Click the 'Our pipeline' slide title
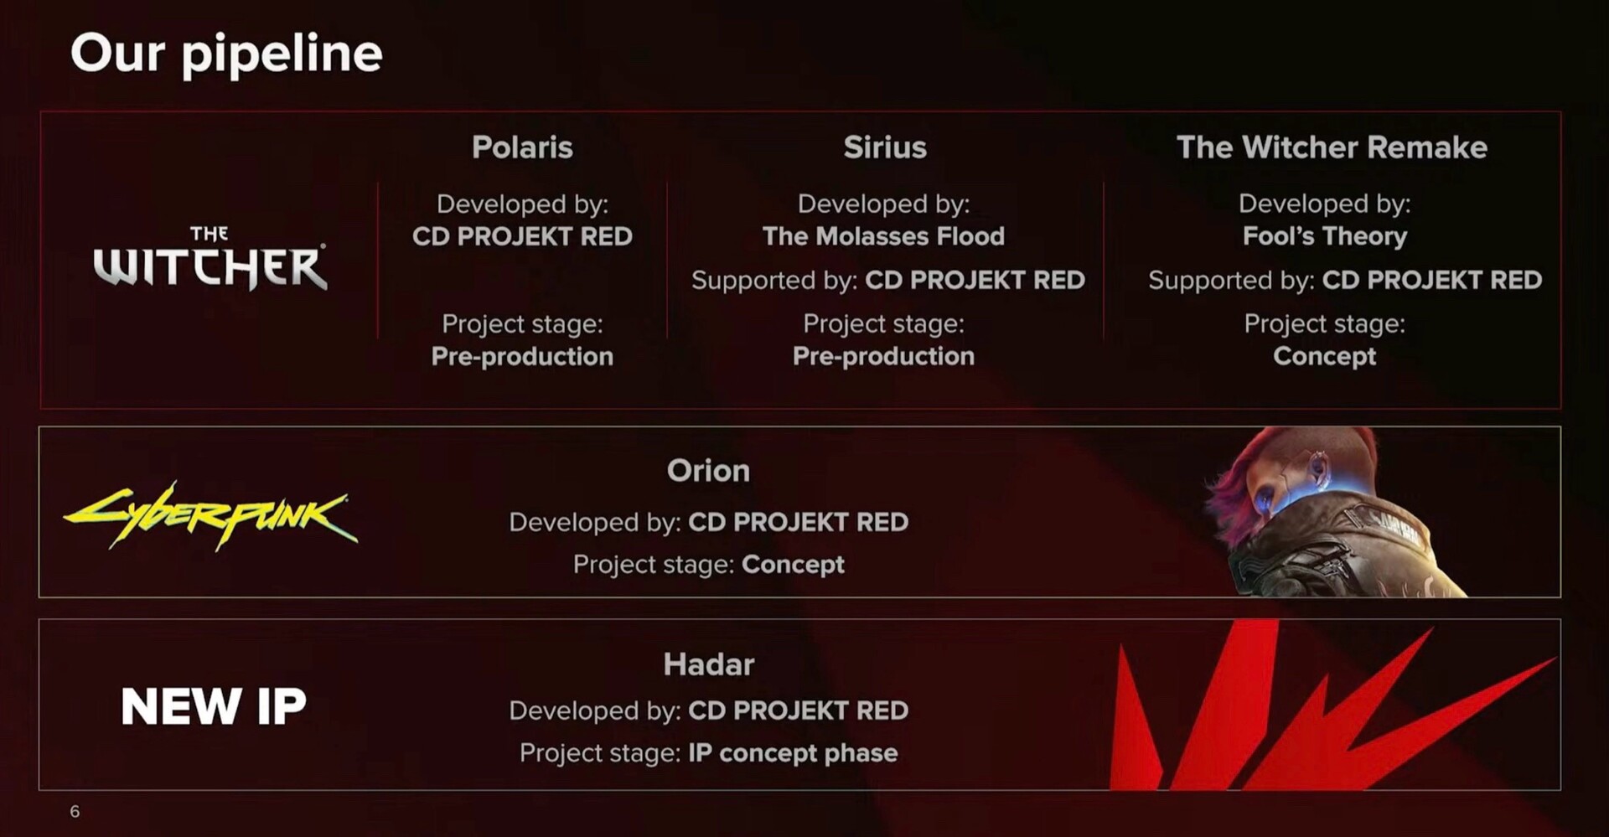[x=226, y=54]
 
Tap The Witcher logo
[x=210, y=258]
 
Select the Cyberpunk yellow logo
[x=210, y=514]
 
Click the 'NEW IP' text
[x=214, y=706]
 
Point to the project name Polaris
[x=522, y=147]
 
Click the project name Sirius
[x=885, y=147]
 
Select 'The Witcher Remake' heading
[x=1332, y=147]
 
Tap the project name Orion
[x=708, y=471]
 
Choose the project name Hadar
[x=709, y=664]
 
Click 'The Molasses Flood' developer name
[x=883, y=236]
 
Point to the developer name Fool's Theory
[x=1325, y=236]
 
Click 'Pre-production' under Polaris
[x=522, y=356]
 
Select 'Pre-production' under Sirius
[x=883, y=356]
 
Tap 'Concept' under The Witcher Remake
[x=1325, y=356]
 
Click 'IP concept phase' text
[x=793, y=752]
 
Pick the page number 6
[x=75, y=811]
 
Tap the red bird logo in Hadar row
[x=1332, y=705]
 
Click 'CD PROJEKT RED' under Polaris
[x=522, y=236]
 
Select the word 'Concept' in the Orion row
[x=793, y=565]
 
